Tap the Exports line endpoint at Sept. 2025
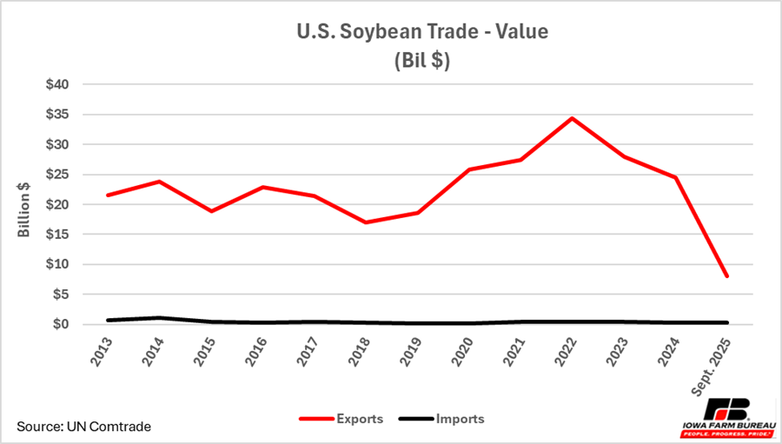pyautogui.click(x=726, y=276)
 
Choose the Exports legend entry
pyautogui.click(x=340, y=419)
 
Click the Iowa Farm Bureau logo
pyautogui.click(x=726, y=419)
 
